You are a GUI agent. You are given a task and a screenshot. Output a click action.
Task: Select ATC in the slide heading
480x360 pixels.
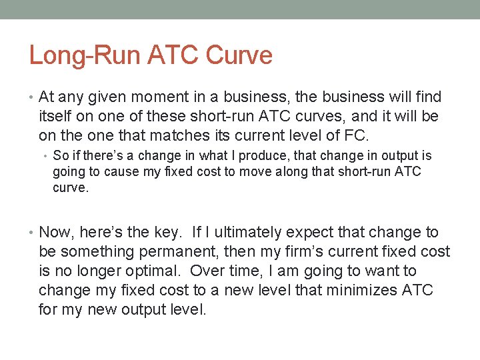pos(161,55)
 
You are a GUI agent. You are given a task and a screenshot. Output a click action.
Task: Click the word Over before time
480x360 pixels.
pos(207,271)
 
